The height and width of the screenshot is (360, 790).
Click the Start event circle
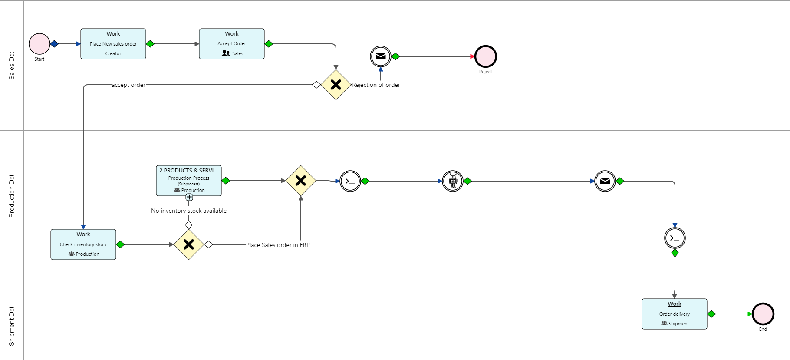39,44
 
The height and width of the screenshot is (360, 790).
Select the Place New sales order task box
113,44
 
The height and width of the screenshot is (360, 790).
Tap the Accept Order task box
232,44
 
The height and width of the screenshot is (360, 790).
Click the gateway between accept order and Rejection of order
336,85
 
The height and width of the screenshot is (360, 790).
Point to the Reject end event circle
485,56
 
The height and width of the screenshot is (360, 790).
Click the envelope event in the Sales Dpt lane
381,56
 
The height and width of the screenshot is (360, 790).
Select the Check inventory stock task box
83,244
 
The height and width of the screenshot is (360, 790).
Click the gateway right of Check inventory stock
189,244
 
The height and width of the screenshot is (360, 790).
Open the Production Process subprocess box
189,180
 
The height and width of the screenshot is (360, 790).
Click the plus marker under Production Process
189,197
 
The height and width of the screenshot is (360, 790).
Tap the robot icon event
453,181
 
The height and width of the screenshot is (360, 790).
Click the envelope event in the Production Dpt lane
605,181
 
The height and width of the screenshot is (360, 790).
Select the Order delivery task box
675,314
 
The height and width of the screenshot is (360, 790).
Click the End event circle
763,314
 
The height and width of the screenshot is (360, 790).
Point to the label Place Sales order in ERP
278,245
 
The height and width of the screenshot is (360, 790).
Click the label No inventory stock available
189,211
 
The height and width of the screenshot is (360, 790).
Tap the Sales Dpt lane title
12,66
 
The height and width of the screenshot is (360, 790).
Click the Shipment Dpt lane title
12,326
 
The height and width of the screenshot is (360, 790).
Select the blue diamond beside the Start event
54,44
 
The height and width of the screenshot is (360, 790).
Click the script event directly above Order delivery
675,238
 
